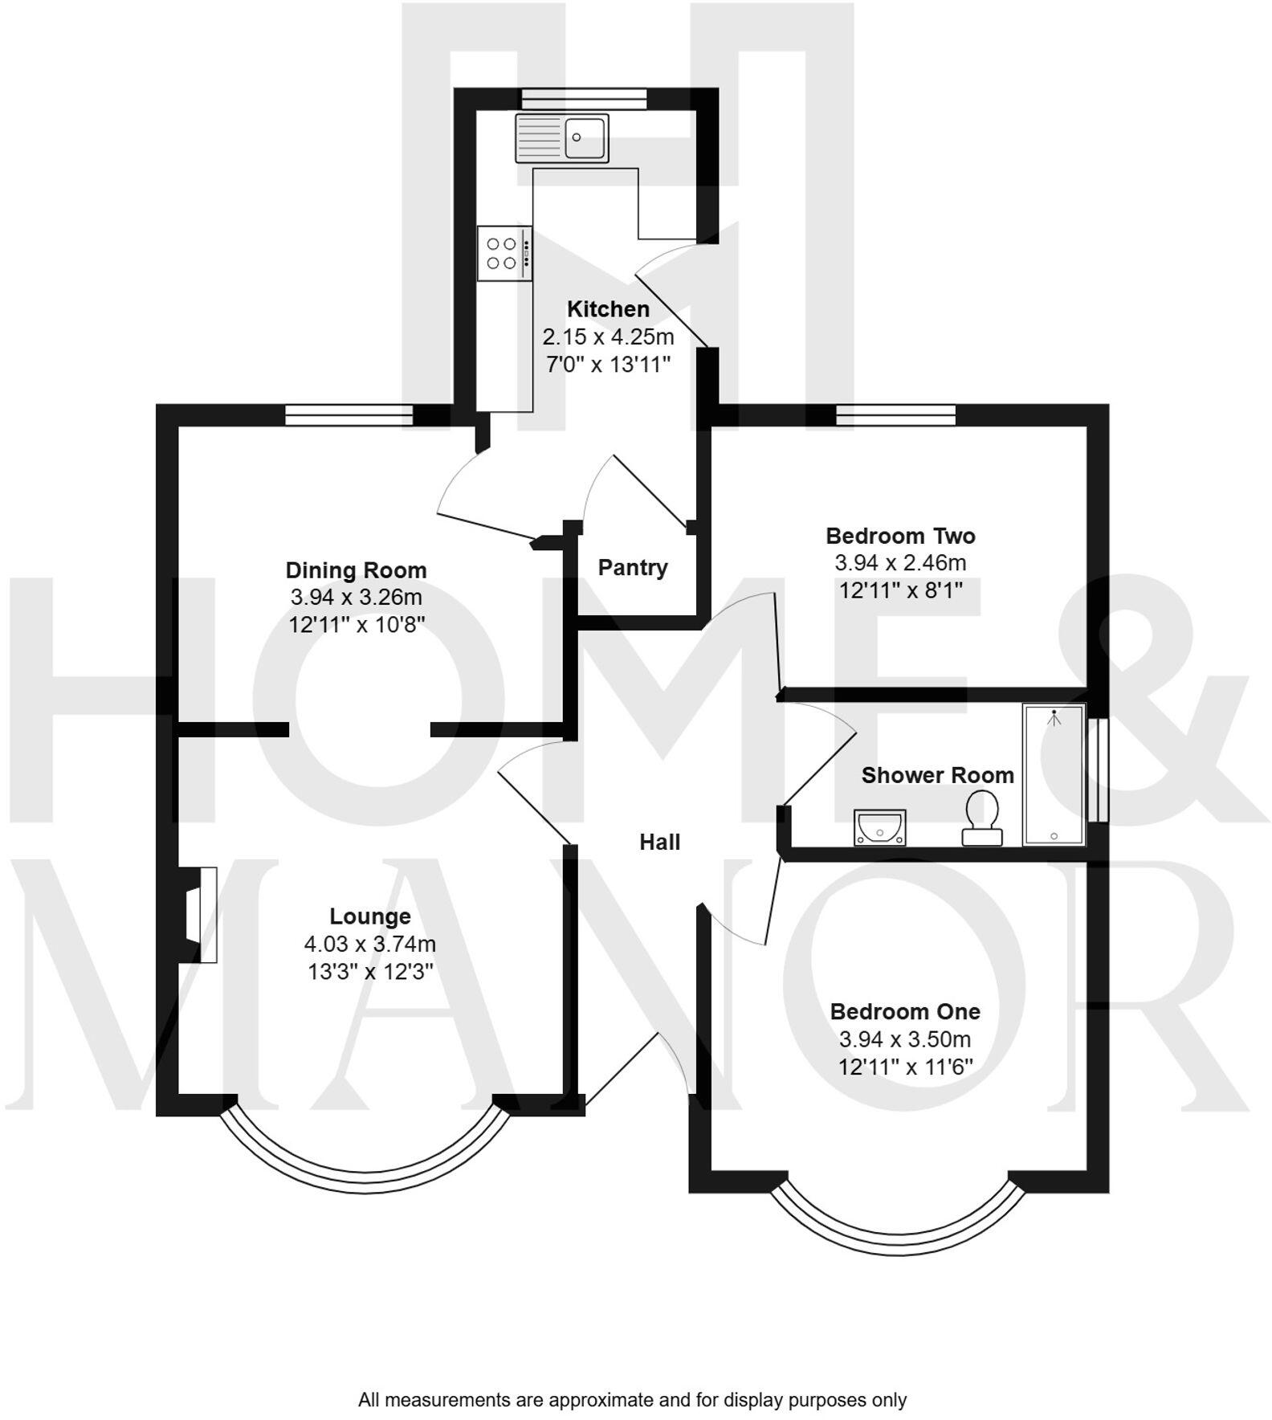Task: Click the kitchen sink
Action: [562, 137]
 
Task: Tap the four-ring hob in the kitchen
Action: [504, 253]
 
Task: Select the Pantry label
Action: [633, 568]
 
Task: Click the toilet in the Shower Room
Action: [982, 818]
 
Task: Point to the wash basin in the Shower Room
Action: [879, 827]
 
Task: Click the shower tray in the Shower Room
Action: [1054, 775]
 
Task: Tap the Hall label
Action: [659, 842]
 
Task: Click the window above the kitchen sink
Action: [584, 98]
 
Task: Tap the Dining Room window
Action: [349, 414]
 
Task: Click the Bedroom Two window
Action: [895, 414]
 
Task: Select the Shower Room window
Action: [1098, 770]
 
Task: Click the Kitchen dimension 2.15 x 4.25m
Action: [608, 337]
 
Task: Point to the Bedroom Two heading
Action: [900, 536]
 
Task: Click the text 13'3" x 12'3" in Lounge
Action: [370, 972]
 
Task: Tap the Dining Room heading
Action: [356, 570]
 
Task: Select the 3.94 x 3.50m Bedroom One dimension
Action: [905, 1039]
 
